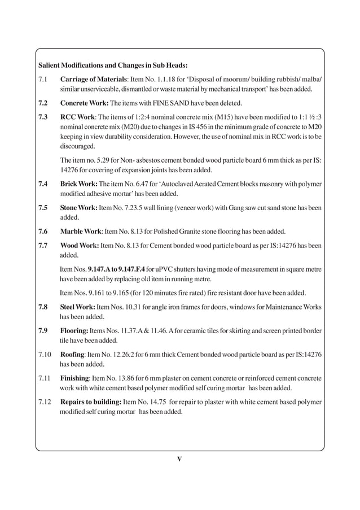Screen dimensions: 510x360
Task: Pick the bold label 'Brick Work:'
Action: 80,184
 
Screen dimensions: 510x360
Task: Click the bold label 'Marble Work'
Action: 82,232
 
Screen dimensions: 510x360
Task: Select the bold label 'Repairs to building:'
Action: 91,402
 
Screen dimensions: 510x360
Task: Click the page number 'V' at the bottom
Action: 179,458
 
